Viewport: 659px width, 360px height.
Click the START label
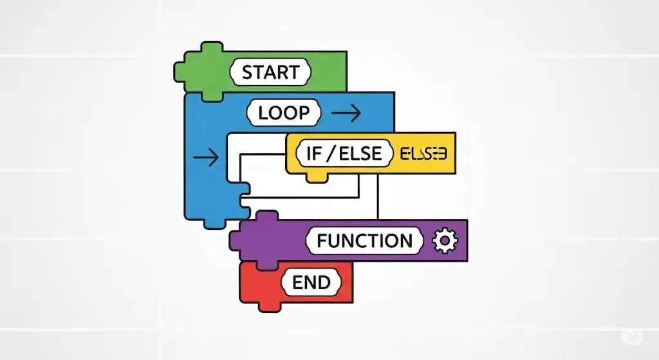pos(271,72)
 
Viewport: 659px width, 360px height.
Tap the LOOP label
pos(283,113)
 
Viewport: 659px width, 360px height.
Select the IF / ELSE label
pos(344,154)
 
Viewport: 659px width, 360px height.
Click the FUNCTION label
pos(365,241)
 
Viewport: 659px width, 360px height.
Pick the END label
pos(311,282)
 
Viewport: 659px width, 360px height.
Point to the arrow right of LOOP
pos(346,113)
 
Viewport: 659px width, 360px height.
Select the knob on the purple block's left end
pos(236,241)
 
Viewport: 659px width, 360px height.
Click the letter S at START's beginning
pos(248,72)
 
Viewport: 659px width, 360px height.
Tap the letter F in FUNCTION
pos(324,241)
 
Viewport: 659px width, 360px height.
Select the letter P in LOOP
pos(302,113)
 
